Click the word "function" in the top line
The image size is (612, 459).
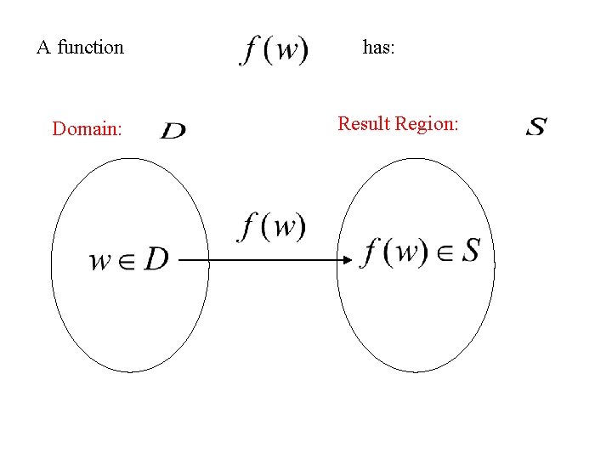click(90, 48)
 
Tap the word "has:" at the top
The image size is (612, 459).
click(378, 48)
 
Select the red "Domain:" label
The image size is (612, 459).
click(87, 129)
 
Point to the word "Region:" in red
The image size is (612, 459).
click(429, 125)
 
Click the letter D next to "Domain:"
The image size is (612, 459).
click(173, 131)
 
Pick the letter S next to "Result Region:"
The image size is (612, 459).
click(536, 128)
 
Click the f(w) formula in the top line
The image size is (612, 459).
click(274, 50)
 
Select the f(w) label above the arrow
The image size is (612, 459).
click(272, 227)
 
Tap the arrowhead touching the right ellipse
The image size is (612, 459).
click(346, 259)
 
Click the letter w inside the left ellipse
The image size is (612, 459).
click(101, 260)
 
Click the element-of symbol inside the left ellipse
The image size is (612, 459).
click(127, 260)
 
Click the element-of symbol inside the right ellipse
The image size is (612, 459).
click(444, 253)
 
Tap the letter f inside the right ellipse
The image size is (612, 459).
click(371, 252)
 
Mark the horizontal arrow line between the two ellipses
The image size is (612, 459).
click(255, 259)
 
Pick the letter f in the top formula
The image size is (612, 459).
click(249, 50)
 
